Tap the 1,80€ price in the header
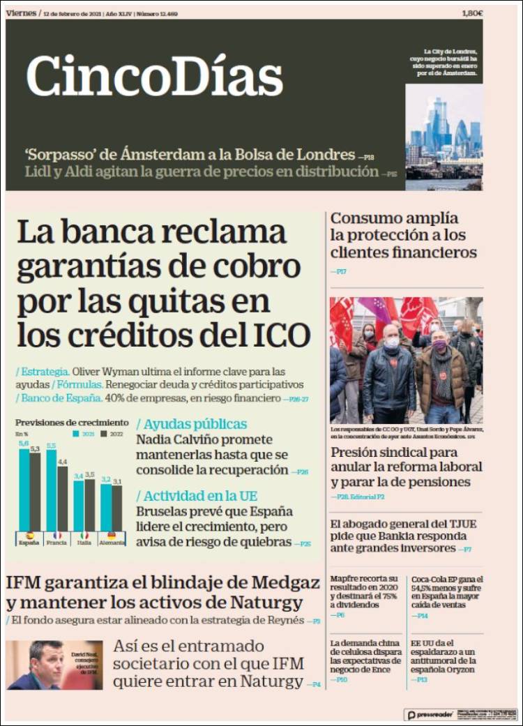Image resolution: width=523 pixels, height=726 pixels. point(472,13)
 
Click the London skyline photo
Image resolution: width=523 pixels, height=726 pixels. point(444,137)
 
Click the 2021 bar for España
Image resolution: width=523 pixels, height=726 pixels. point(24,488)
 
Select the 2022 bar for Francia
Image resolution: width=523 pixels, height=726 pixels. point(62,498)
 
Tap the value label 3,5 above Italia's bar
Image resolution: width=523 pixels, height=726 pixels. point(89,475)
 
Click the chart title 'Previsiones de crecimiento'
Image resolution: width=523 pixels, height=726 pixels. point(72,423)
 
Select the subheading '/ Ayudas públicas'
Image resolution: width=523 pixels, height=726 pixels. point(192,424)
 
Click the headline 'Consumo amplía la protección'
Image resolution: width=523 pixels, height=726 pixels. point(403,235)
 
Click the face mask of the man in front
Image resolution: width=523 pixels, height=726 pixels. point(391,342)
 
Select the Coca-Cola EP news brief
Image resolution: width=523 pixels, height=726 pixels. point(447,592)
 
